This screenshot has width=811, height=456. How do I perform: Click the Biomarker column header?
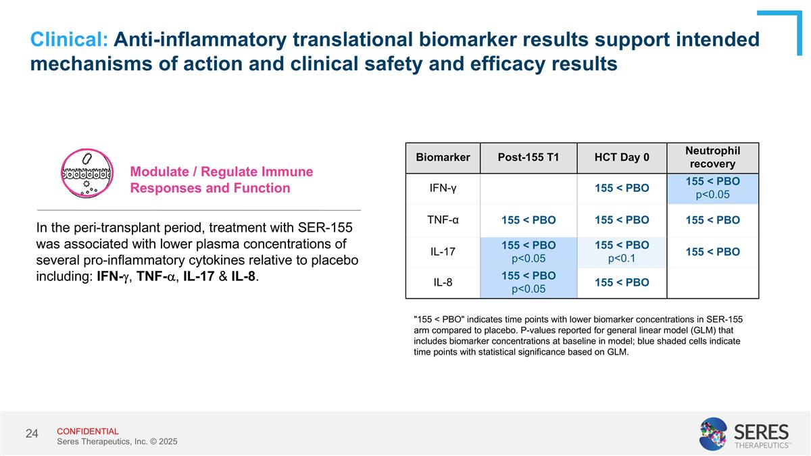[443, 157]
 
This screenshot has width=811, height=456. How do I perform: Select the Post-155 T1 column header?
[529, 157]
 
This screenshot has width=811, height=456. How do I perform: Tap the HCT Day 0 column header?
[622, 157]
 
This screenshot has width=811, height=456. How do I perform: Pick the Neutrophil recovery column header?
[712, 157]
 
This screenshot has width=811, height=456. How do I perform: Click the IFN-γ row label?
[443, 188]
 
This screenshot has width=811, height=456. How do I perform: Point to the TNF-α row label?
[443, 220]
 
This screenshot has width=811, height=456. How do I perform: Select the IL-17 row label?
[443, 252]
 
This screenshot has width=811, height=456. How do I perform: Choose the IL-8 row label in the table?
[443, 282]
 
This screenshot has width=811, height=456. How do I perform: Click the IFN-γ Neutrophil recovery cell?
[712, 188]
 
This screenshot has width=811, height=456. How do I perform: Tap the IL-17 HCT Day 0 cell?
[622, 252]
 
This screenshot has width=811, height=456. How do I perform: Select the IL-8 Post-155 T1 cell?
[529, 282]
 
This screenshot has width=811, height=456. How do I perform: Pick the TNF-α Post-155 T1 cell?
[529, 220]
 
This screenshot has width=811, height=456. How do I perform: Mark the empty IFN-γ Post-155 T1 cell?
[529, 188]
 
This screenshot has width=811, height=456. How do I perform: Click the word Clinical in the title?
[68, 40]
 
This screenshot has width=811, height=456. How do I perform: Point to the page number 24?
[32, 433]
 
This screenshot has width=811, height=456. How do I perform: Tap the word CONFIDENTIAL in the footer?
[87, 431]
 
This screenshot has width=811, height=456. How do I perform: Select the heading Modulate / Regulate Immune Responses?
[221, 180]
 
